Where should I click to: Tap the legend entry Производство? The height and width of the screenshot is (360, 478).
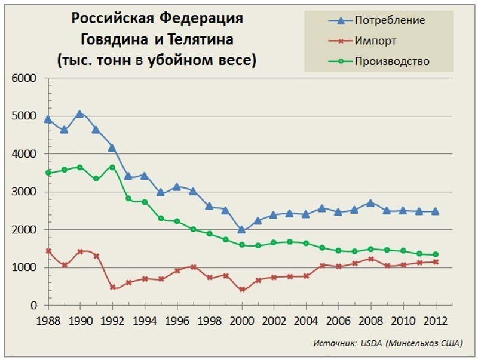pos(392,61)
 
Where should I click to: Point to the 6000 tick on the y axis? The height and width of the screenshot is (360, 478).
pos(24,78)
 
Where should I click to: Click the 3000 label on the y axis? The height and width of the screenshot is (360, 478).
pos(24,192)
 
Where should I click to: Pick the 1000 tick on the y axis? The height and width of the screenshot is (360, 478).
pos(24,267)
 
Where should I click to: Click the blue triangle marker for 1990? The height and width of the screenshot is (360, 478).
pos(80,113)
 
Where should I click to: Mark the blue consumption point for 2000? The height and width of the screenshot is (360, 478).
pos(241,230)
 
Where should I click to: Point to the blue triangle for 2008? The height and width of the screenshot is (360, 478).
pos(370,202)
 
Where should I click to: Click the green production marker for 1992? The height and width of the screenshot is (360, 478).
pos(112,167)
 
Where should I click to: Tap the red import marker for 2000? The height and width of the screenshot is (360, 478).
pos(241,290)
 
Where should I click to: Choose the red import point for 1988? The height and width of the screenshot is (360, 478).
pos(48,251)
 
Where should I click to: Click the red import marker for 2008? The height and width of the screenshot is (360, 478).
pos(370,259)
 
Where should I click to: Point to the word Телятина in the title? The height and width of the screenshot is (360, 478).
pos(206,39)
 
